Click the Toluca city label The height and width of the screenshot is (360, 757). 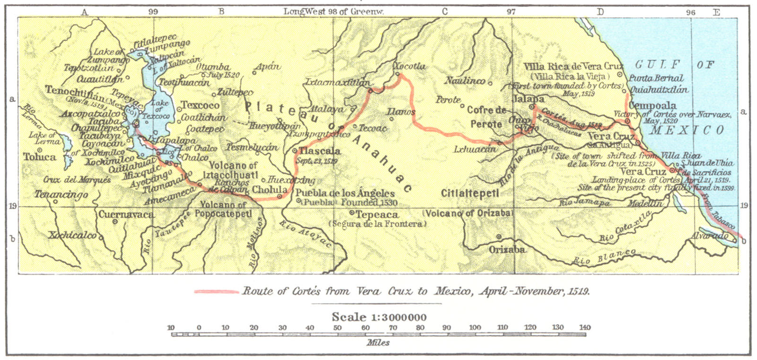[40, 157]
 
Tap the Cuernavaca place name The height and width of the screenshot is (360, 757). [126, 215]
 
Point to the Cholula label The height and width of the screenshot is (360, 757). [270, 190]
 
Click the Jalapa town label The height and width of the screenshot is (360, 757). [528, 99]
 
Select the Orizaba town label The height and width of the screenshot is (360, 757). [507, 249]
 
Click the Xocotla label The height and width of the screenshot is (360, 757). [410, 67]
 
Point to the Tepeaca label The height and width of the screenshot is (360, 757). [377, 215]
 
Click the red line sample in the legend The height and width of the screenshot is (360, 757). [216, 291]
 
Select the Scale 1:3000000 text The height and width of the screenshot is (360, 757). [379, 317]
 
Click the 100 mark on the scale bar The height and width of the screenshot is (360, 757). [475, 327]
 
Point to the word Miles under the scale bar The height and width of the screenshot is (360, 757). [378, 342]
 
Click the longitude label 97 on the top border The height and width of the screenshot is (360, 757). [511, 11]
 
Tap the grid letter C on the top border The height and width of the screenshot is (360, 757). [444, 11]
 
